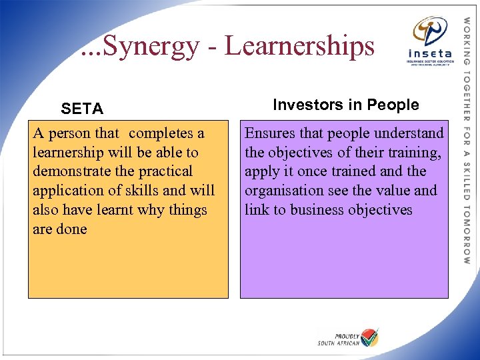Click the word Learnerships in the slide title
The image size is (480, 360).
(299, 47)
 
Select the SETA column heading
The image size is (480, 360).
(82, 108)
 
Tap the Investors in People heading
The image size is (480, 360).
(346, 105)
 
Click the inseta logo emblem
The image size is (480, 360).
(430, 32)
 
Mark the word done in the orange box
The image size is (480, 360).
(73, 229)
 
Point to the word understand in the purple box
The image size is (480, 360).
(409, 133)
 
